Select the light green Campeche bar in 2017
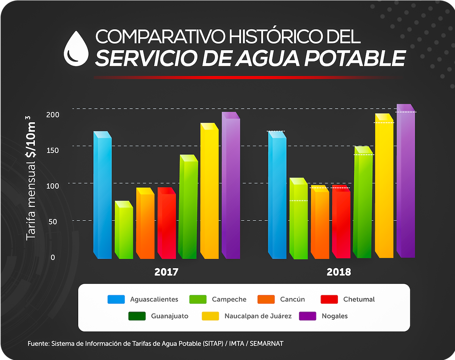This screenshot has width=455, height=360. [124, 231]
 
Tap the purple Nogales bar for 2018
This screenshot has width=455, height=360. [406, 182]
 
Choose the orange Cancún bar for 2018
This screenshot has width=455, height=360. [320, 224]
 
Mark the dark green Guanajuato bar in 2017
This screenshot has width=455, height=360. [188, 209]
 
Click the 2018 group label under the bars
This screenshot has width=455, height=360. [339, 272]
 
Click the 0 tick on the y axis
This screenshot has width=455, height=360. [53, 258]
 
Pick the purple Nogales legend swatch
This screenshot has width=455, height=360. [308, 316]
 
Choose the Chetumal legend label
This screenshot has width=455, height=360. [359, 299]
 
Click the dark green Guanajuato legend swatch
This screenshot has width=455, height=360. [137, 316]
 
